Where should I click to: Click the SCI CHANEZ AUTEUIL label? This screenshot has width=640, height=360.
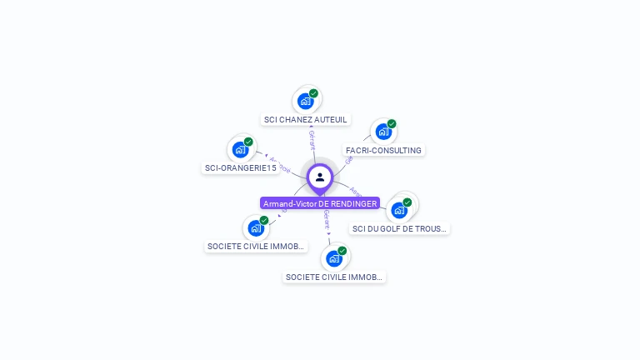305,119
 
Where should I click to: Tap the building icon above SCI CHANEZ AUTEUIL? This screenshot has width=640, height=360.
306,101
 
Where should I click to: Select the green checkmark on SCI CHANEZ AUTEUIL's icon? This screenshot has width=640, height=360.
313,93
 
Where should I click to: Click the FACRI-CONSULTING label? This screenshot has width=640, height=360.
383,151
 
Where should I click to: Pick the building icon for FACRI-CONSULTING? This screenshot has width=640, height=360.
382,131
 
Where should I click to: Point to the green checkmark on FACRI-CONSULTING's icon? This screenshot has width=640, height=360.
391,124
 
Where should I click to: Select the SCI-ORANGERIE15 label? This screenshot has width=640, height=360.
240,167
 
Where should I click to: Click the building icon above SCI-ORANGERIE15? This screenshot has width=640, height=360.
240,150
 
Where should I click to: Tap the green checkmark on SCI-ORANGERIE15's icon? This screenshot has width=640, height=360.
248,142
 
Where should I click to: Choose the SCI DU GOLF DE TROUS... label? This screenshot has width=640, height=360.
399,228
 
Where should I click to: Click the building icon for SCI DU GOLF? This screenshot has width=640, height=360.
399,210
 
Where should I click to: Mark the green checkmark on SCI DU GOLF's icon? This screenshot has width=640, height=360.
407,202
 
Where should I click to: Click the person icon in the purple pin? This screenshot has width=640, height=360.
320,177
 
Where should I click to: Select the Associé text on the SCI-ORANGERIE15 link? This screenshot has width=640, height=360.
280,163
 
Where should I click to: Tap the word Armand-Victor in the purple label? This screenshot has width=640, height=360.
289,203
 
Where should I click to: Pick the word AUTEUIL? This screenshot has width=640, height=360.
331,119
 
